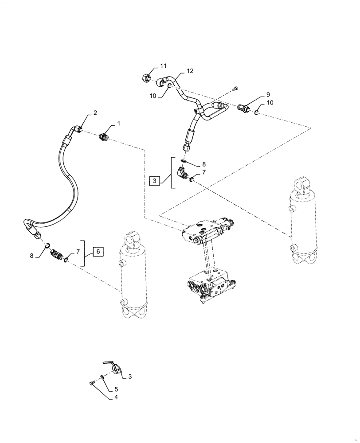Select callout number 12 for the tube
click(x=190, y=71)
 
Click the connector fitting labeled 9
click(x=244, y=107)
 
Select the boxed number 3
click(x=154, y=181)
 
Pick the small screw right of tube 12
click(x=235, y=89)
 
